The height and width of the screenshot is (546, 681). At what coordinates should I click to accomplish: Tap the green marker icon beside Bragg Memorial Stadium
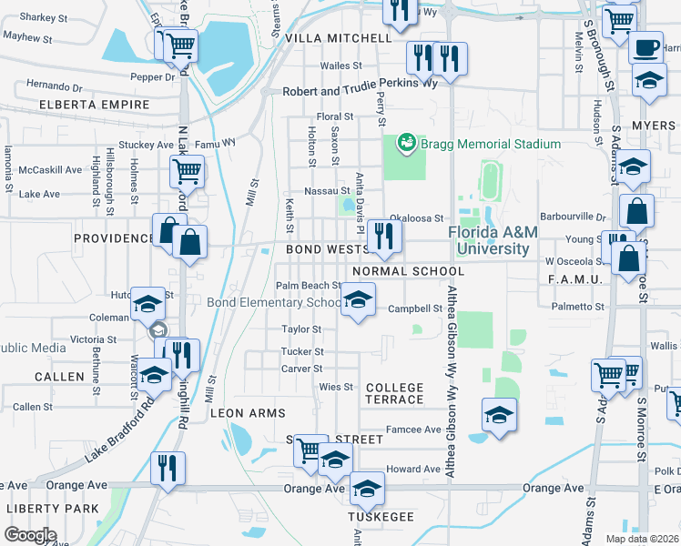coord(407,143)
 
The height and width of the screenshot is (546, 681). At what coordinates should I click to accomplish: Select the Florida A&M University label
coord(493,241)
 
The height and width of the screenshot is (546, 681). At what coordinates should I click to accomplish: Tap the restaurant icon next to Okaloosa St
coord(386,237)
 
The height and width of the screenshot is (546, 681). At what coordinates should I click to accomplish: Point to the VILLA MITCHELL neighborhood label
coord(338,38)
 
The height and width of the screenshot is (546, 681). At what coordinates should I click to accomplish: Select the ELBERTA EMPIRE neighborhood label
coord(94,106)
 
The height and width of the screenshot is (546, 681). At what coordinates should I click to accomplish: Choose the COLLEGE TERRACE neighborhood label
coord(394,393)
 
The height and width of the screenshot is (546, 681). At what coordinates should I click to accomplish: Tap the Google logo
coord(29,535)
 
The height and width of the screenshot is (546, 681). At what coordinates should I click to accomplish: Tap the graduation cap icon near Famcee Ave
coord(499,416)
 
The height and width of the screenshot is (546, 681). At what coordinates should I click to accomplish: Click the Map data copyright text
coord(642,539)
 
